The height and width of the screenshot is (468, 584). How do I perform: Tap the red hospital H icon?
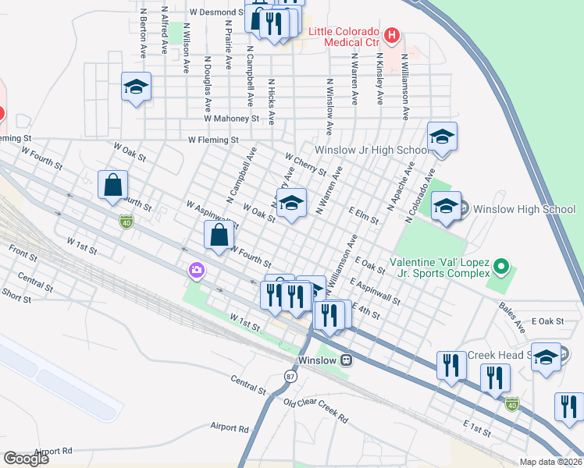tap(392, 35)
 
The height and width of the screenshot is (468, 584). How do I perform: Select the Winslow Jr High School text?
tap(370, 150)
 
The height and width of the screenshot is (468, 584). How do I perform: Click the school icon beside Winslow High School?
tap(446, 207)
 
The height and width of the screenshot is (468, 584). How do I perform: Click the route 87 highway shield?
tap(290, 376)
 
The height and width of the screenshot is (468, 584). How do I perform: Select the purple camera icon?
tap(197, 271)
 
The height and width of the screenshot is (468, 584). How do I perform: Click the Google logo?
tap(26, 458)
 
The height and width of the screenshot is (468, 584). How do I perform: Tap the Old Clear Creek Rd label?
tap(315, 410)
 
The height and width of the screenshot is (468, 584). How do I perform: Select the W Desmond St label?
tap(216, 13)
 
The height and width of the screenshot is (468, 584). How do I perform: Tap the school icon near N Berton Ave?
tap(136, 87)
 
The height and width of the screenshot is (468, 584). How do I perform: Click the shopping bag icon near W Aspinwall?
tap(219, 234)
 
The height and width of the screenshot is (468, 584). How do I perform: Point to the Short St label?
tap(16, 293)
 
